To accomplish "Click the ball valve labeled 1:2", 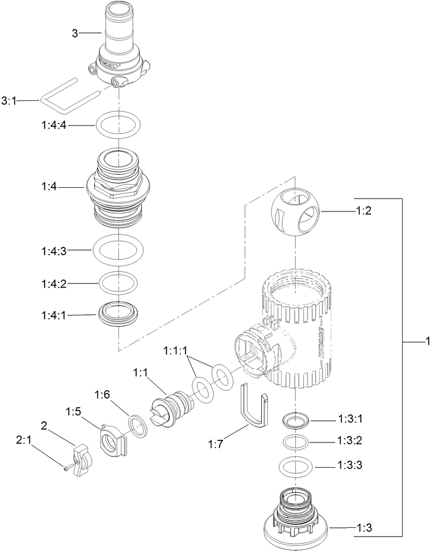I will point(295,212).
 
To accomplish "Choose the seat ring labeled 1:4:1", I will point(118,314).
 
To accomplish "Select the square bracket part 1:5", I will point(112,440).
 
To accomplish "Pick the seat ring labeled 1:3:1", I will point(296,420).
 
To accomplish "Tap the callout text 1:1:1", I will point(176,351).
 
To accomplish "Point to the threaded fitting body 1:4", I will point(118,188).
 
